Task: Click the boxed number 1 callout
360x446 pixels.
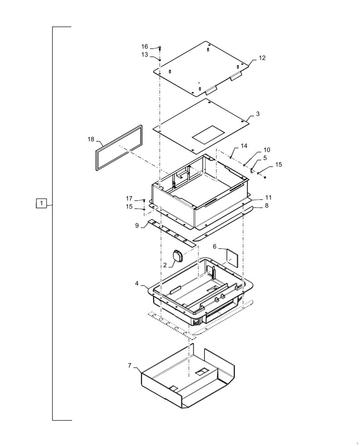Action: click(41, 204)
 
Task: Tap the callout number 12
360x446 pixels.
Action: click(262, 58)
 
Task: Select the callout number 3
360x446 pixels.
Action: click(258, 114)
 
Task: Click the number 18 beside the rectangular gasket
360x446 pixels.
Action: click(91, 140)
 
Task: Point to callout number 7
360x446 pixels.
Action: click(130, 366)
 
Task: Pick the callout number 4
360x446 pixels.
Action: click(137, 283)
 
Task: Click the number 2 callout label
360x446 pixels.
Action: click(165, 264)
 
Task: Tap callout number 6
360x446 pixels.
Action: click(214, 246)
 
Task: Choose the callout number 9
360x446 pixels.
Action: click(137, 226)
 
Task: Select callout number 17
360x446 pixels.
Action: click(129, 198)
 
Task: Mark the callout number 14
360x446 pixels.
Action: click(244, 146)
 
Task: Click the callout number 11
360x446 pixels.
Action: click(268, 197)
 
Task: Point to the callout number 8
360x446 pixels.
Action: click(266, 206)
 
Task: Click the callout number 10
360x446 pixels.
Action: click(266, 150)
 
